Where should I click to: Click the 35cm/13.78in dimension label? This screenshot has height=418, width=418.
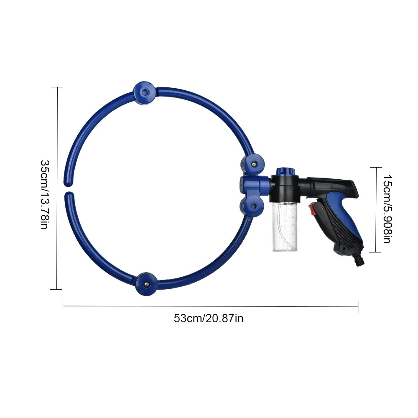(x=45, y=194)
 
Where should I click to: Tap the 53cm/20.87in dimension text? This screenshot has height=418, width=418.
(x=209, y=319)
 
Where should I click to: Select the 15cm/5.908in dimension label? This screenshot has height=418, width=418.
(x=387, y=209)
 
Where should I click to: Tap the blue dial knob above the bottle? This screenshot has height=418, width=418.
(x=285, y=171)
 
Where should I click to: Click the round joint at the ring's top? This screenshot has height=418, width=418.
(x=145, y=92)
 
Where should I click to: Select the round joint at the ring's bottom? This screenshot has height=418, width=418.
(x=147, y=283)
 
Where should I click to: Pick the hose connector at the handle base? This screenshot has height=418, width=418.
(x=359, y=260)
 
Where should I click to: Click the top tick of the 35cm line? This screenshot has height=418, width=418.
(x=56, y=87)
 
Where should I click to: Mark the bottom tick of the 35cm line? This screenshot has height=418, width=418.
(x=56, y=289)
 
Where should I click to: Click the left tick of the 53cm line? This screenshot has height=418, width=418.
(x=63, y=306)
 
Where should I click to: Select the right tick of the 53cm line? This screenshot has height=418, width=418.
(x=358, y=306)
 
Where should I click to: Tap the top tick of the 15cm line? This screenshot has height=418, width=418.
(x=375, y=167)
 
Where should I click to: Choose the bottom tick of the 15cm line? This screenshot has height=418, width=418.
(x=375, y=252)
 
